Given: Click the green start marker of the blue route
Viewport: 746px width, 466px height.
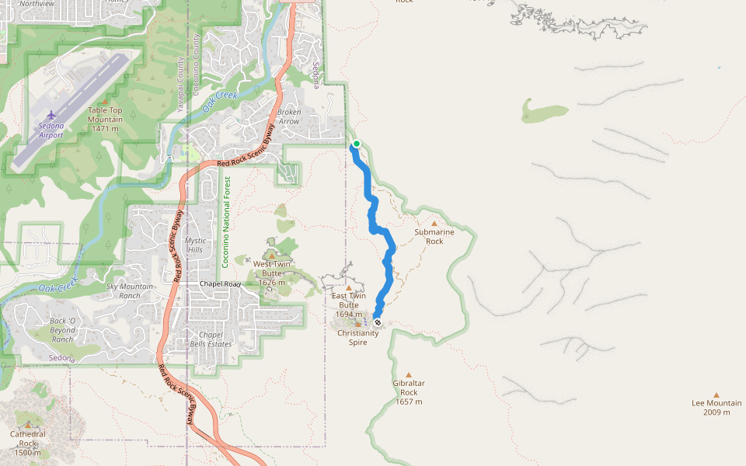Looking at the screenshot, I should [x=357, y=144].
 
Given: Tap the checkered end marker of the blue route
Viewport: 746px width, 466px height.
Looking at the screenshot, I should [x=378, y=322].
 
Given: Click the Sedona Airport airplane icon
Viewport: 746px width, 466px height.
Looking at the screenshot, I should [x=51, y=116].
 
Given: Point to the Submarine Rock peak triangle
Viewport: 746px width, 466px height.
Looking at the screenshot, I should [x=434, y=224].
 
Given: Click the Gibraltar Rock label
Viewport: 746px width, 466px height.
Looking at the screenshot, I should [x=409, y=392].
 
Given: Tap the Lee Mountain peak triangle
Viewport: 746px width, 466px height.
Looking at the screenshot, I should [x=716, y=395].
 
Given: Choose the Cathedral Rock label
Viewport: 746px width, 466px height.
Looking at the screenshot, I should [x=28, y=443].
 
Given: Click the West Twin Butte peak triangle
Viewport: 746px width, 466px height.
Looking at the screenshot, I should [x=271, y=255].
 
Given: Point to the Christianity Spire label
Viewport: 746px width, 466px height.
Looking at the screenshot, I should [x=357, y=337].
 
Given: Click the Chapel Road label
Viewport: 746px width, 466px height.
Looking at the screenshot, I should [x=220, y=284].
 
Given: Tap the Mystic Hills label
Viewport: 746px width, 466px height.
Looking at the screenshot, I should [x=195, y=245].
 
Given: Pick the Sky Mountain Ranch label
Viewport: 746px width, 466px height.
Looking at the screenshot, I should [x=130, y=291].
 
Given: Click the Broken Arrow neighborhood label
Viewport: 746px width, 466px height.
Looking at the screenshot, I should [x=289, y=116].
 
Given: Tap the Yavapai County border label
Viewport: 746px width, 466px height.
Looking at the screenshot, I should [x=180, y=85].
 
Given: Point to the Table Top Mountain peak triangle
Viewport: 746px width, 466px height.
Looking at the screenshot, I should [x=105, y=101].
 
